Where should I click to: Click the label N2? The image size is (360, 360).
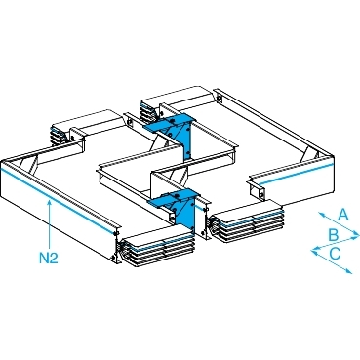(49, 259)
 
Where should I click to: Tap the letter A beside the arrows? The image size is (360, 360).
(343, 216)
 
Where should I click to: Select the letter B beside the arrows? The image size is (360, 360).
(333, 235)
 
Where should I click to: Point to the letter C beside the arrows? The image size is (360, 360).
(335, 254)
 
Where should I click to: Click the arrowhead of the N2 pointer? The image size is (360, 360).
(49, 203)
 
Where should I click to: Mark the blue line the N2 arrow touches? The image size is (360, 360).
(59, 202)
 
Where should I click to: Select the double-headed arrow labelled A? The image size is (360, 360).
(338, 223)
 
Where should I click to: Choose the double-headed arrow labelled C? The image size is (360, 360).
(332, 260)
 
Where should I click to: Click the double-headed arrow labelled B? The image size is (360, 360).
(336, 243)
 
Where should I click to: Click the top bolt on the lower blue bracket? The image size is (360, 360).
(177, 196)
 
